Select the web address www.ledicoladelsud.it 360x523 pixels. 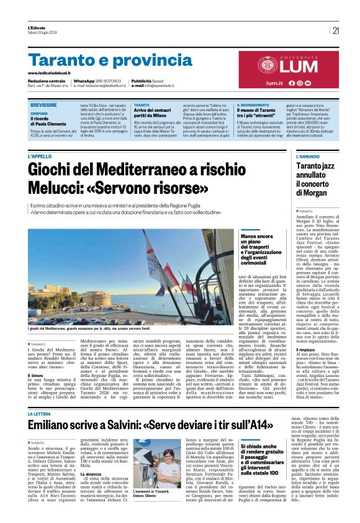[53, 73]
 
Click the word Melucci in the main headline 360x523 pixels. [58, 188]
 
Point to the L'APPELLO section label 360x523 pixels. [40, 157]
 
